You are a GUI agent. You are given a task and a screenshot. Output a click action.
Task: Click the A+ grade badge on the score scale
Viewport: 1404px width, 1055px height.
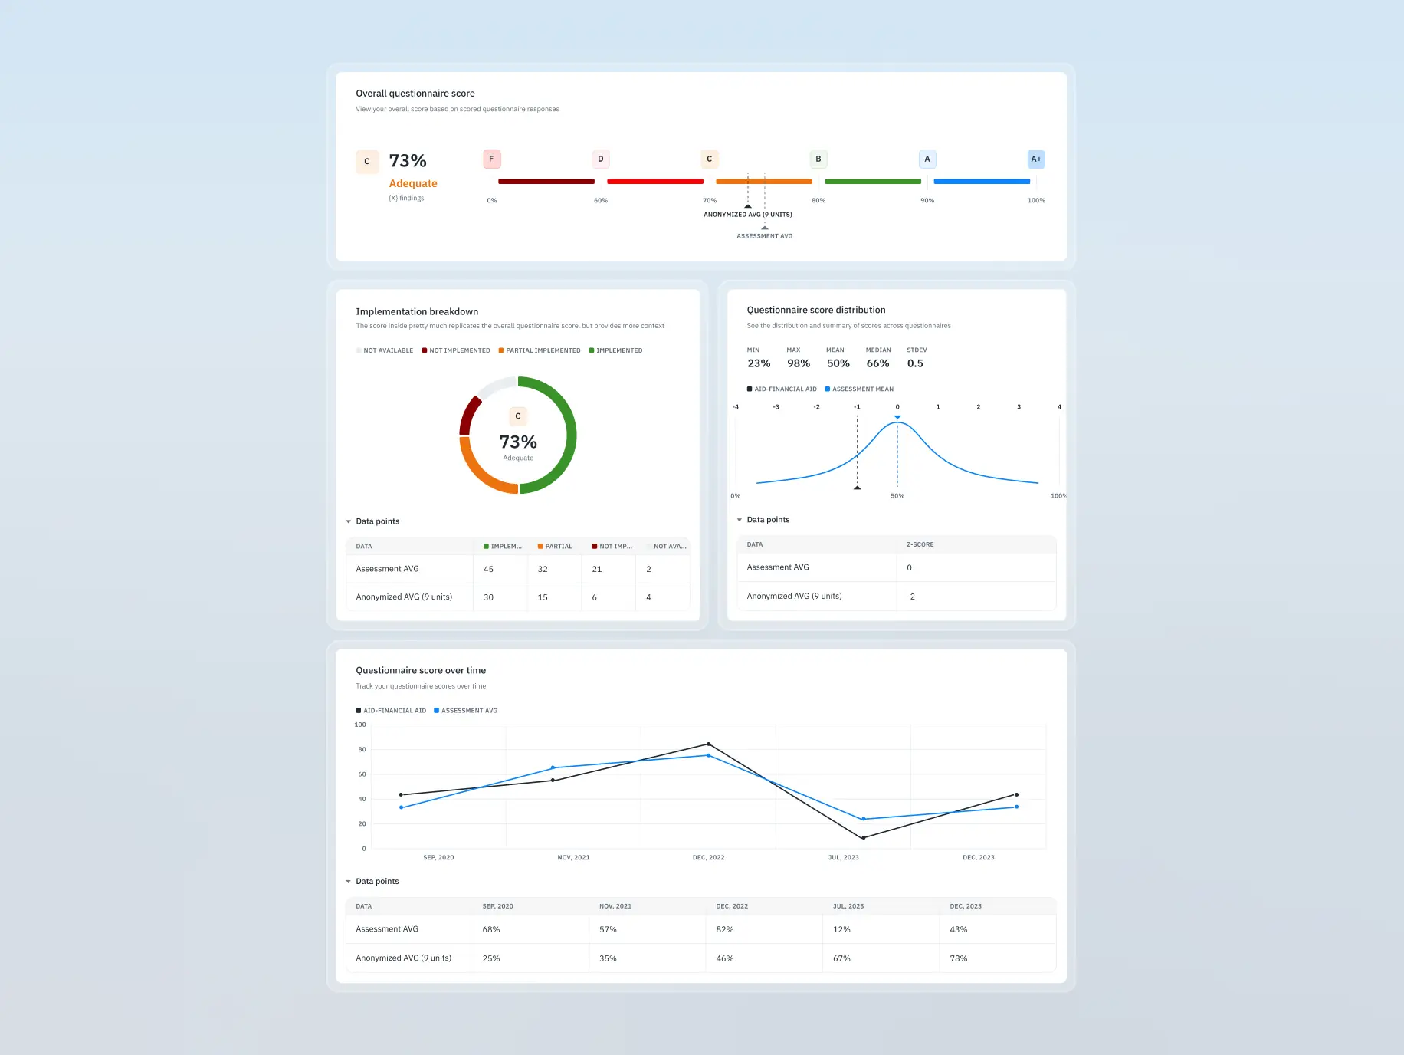pos(1035,159)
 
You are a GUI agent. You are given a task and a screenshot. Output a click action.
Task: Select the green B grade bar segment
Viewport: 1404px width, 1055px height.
pos(873,182)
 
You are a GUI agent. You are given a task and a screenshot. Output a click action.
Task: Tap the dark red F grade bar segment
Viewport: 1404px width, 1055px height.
pos(546,182)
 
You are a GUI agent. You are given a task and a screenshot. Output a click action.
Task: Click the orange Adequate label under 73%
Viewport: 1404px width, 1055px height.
pos(413,183)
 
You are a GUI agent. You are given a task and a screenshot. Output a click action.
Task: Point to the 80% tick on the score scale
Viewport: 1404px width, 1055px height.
pos(818,201)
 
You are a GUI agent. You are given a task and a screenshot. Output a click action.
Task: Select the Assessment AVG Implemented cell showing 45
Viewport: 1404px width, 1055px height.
pos(489,569)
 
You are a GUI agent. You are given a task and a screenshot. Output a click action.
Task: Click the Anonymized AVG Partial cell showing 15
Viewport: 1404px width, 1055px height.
pos(543,597)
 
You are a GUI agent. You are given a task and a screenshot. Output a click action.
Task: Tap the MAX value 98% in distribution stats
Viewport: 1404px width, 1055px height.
pos(799,363)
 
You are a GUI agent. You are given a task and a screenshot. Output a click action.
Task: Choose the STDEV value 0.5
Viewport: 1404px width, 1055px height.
pos(915,363)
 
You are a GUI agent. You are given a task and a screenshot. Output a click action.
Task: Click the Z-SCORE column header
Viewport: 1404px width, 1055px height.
pos(920,544)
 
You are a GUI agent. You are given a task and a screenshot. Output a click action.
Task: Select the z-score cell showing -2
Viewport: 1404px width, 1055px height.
pos(911,597)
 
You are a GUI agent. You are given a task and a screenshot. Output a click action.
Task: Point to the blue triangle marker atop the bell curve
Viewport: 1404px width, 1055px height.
pos(897,417)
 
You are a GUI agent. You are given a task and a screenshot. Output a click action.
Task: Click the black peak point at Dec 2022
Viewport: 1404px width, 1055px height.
pos(708,744)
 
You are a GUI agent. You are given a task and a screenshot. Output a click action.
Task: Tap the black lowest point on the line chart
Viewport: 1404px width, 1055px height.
pos(863,837)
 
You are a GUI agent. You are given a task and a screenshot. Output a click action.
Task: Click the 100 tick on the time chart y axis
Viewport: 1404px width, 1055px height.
pos(360,725)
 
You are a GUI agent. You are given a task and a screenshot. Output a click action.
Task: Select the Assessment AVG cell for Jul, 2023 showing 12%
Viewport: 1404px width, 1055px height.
pos(841,929)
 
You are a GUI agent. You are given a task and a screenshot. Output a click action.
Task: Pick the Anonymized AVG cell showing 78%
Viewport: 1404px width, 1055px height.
pos(958,958)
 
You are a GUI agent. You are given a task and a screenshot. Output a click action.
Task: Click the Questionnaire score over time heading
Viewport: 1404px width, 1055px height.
pos(421,670)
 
